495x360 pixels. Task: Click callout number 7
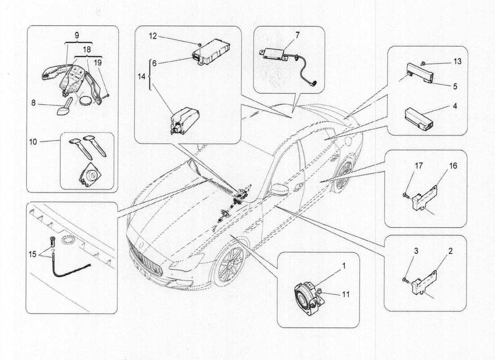click(x=297, y=35)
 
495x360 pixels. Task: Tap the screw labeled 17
click(x=405, y=195)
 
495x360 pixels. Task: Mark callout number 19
click(x=98, y=63)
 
